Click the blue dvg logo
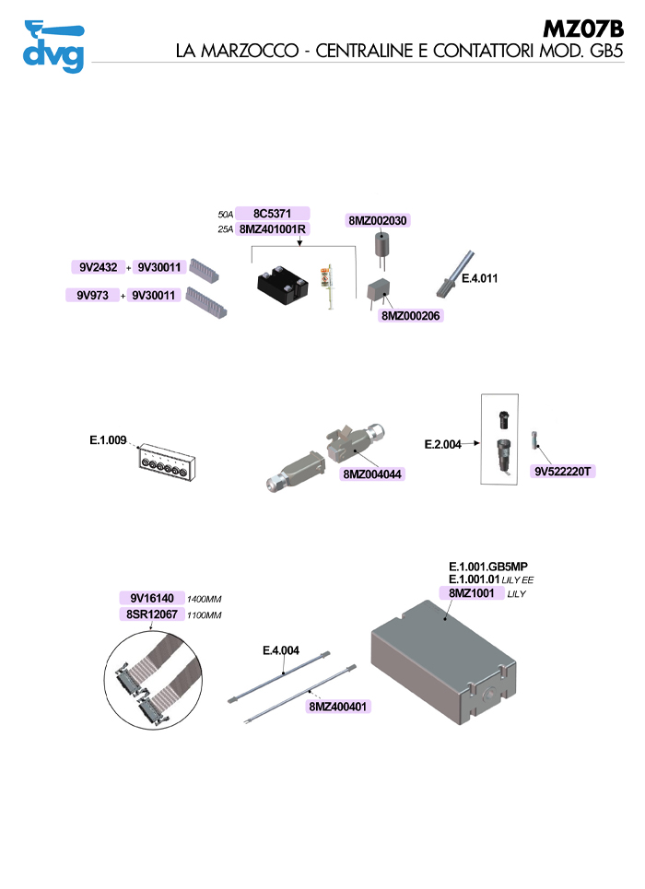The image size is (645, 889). click(53, 46)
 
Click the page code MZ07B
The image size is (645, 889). click(583, 29)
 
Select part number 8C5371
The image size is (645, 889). click(273, 213)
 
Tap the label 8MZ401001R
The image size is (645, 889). click(273, 229)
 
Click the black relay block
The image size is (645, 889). click(283, 285)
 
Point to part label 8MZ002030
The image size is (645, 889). click(377, 220)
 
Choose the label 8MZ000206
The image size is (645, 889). click(411, 316)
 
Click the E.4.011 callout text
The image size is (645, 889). click(479, 278)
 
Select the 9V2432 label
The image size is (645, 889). click(99, 267)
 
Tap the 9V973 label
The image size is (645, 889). click(92, 295)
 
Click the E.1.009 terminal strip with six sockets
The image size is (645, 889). click(167, 462)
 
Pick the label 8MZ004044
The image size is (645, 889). click(372, 474)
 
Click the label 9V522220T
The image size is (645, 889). click(563, 471)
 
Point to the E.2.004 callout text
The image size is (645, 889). click(442, 444)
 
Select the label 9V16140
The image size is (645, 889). click(152, 598)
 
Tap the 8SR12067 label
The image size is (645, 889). click(152, 614)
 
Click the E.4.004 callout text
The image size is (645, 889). click(281, 650)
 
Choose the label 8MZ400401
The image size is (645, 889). click(338, 707)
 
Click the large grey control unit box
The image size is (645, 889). click(443, 662)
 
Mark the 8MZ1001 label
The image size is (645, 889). click(472, 593)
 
